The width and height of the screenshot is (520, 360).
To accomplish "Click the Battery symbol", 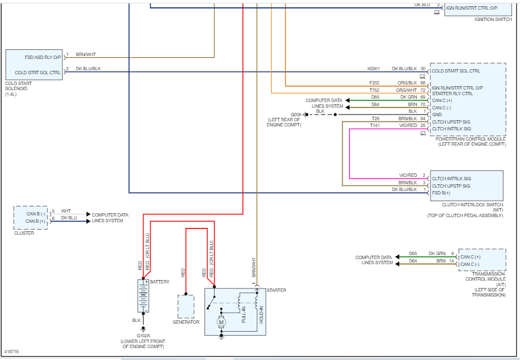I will [143, 295].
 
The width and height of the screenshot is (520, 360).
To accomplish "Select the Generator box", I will [186, 307].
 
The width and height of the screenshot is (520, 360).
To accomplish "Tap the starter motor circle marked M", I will [221, 322].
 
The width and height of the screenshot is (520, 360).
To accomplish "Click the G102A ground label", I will [143, 334].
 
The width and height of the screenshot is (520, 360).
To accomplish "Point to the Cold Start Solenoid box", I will [33, 64].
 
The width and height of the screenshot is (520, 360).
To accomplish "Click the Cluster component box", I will [31, 218].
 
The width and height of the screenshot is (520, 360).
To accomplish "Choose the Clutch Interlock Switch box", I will [466, 185].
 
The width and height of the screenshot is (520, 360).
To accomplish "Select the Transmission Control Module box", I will [481, 260].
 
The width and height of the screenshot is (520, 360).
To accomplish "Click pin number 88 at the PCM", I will [423, 83].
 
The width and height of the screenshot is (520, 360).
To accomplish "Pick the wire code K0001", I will [373, 69].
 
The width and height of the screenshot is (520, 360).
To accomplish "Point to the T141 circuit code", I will [375, 125].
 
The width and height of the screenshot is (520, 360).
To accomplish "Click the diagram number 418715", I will [11, 351].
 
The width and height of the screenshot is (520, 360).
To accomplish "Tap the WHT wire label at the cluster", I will [66, 211].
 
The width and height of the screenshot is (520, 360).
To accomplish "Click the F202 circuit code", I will [374, 83].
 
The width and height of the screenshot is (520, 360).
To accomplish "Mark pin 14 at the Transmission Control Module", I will [452, 261].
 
